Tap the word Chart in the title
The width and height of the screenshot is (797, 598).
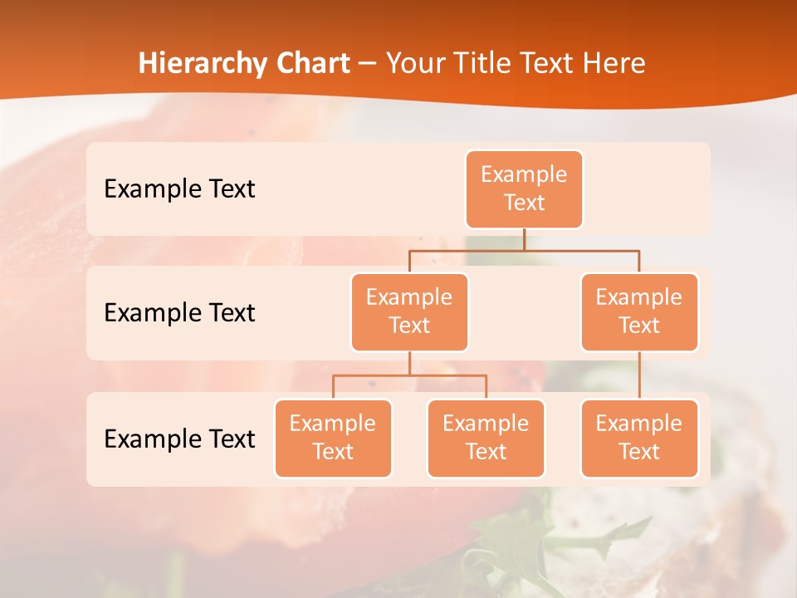pyautogui.click(x=313, y=63)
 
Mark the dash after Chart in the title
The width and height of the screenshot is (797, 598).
pyautogui.click(x=368, y=64)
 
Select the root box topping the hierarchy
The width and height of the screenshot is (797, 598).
pyautogui.click(x=524, y=189)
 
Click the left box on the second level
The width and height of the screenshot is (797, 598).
pyautogui.click(x=409, y=311)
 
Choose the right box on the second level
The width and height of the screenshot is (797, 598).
pyautogui.click(x=639, y=311)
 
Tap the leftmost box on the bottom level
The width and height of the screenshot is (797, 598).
pyautogui.click(x=333, y=438)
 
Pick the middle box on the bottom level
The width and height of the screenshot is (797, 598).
pyautogui.click(x=486, y=438)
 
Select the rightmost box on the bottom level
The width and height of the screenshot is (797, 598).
pyautogui.click(x=639, y=438)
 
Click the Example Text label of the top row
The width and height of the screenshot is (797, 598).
pyautogui.click(x=179, y=189)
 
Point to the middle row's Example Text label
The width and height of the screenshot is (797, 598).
pyautogui.click(x=179, y=312)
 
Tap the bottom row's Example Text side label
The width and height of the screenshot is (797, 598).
pyautogui.click(x=179, y=439)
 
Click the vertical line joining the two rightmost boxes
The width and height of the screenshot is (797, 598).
pyautogui.click(x=639, y=375)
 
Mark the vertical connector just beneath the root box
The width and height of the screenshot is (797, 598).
pyautogui.click(x=524, y=239)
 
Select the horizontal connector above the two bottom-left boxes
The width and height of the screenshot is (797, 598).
pyautogui.click(x=409, y=375)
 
